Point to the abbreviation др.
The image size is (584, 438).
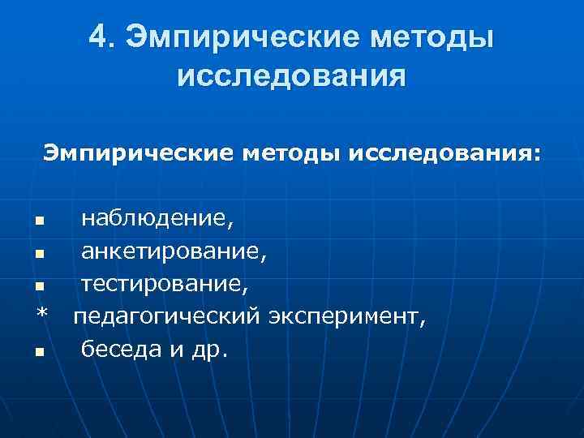pyautogui.click(x=213, y=350)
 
